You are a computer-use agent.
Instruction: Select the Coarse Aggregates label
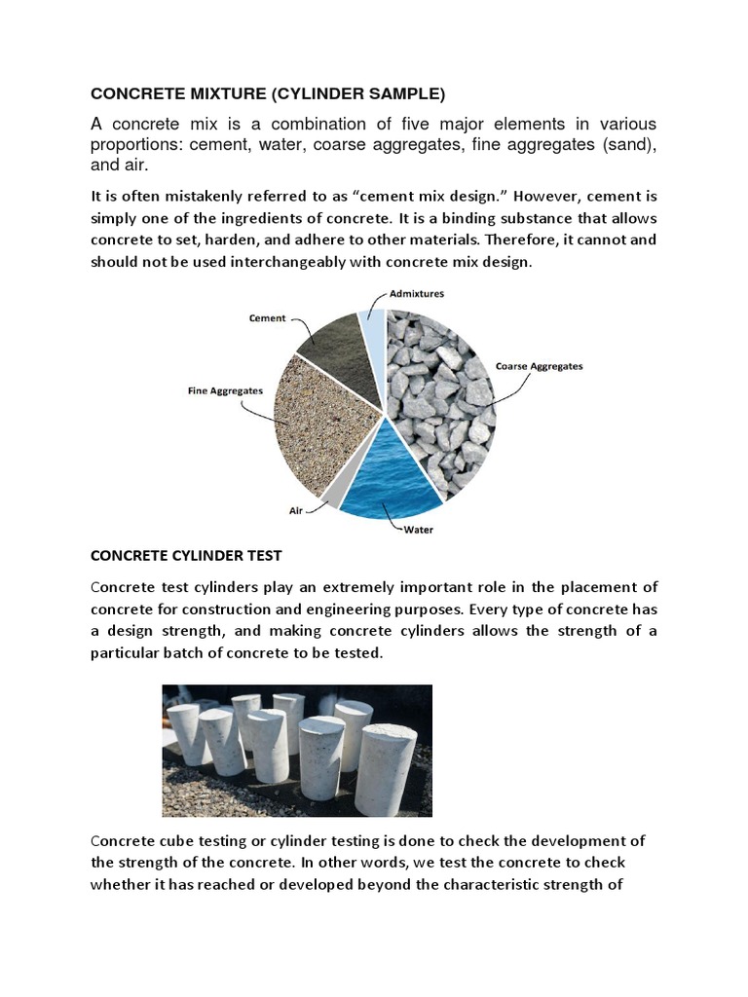click(539, 366)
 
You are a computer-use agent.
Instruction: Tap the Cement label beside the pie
click(267, 317)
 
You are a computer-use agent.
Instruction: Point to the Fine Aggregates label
click(225, 390)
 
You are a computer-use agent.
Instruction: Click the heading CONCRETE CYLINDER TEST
click(186, 556)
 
